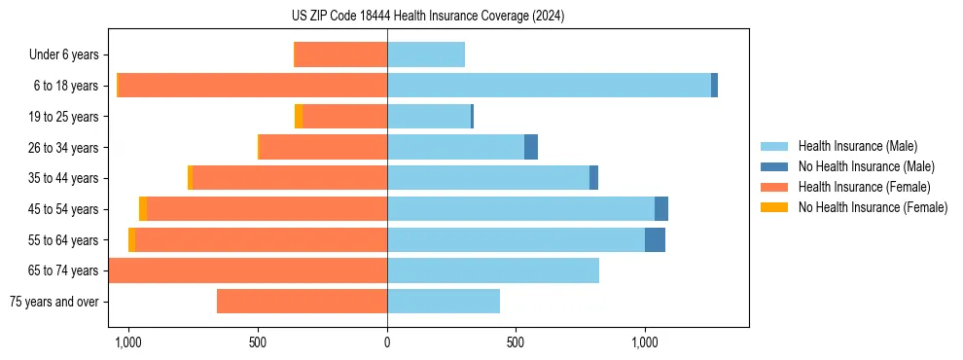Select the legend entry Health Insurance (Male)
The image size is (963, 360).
pyautogui.click(x=857, y=146)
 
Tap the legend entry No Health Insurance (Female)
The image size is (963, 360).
pyautogui.click(x=873, y=207)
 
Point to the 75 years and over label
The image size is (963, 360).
pyautogui.click(x=53, y=302)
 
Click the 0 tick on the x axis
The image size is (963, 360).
pyautogui.click(x=387, y=342)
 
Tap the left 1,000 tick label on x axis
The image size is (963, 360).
pyautogui.click(x=128, y=342)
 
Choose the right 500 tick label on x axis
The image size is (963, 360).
pyautogui.click(x=516, y=342)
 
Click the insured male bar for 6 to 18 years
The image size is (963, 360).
pyautogui.click(x=549, y=86)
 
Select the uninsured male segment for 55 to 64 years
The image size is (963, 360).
pyautogui.click(x=655, y=239)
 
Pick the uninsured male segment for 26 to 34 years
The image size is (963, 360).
pyautogui.click(x=531, y=148)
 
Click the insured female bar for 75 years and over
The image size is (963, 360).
pyautogui.click(x=302, y=302)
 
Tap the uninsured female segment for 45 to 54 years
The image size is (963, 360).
pyautogui.click(x=143, y=209)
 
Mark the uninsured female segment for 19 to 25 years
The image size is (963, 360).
pyautogui.click(x=299, y=117)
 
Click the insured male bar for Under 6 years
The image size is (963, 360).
pyautogui.click(x=426, y=55)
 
